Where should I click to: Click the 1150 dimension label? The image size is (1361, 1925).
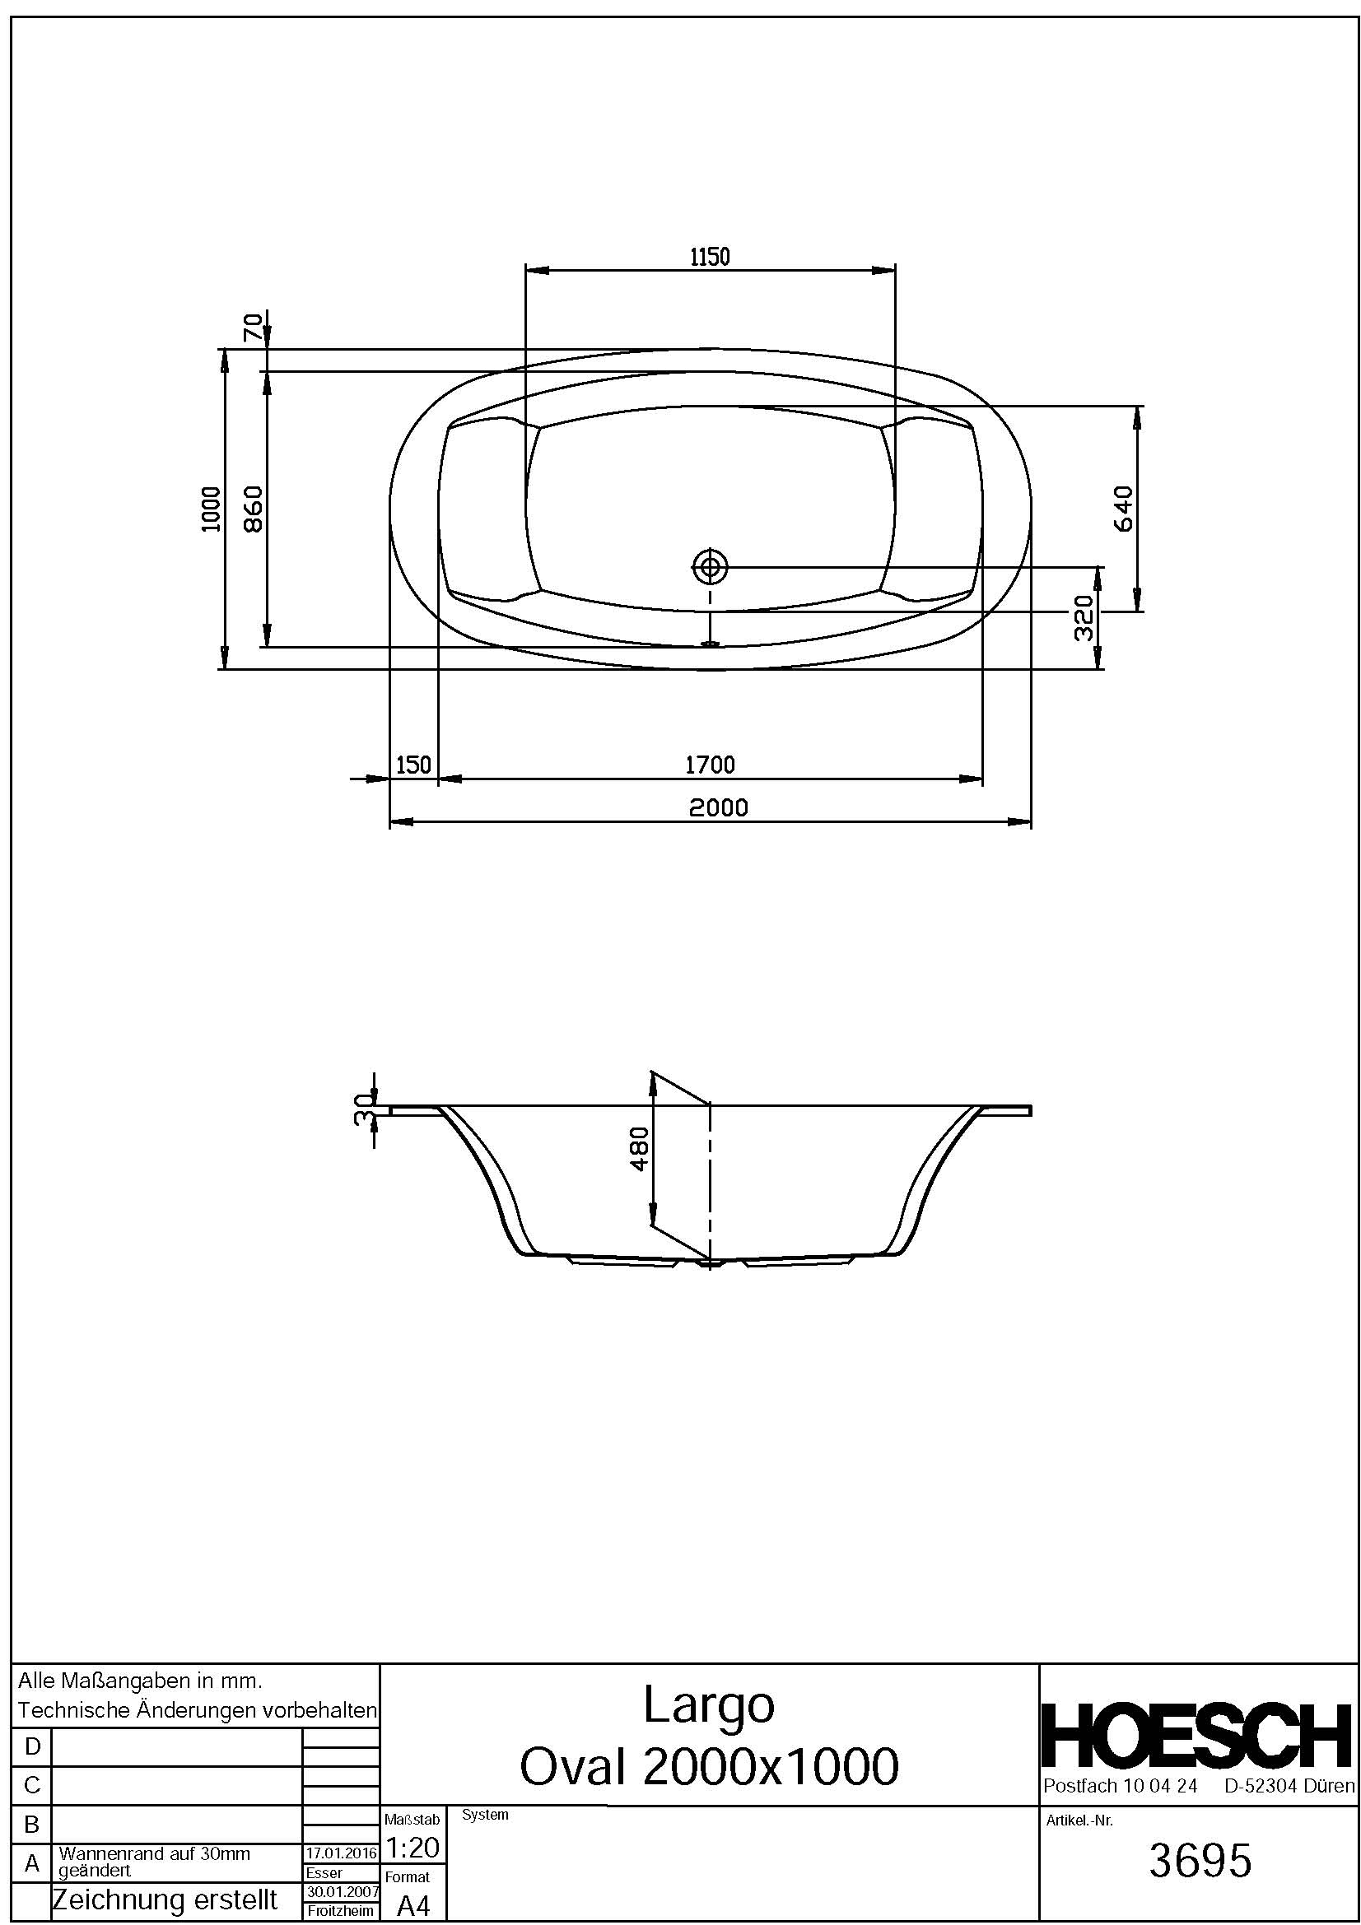pyautogui.click(x=710, y=257)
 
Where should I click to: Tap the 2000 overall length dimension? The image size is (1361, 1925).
pyautogui.click(x=718, y=807)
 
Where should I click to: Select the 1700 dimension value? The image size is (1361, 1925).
pyautogui.click(x=710, y=765)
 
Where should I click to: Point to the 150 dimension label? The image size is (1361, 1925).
pyautogui.click(x=412, y=765)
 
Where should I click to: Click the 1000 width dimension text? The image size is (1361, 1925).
pyautogui.click(x=212, y=508)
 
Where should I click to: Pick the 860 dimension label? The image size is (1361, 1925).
pyautogui.click(x=254, y=508)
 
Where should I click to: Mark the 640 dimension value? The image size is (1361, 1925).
pyautogui.click(x=1124, y=508)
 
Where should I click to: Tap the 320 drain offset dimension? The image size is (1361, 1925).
pyautogui.click(x=1084, y=618)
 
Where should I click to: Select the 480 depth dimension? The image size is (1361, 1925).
pyautogui.click(x=639, y=1150)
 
